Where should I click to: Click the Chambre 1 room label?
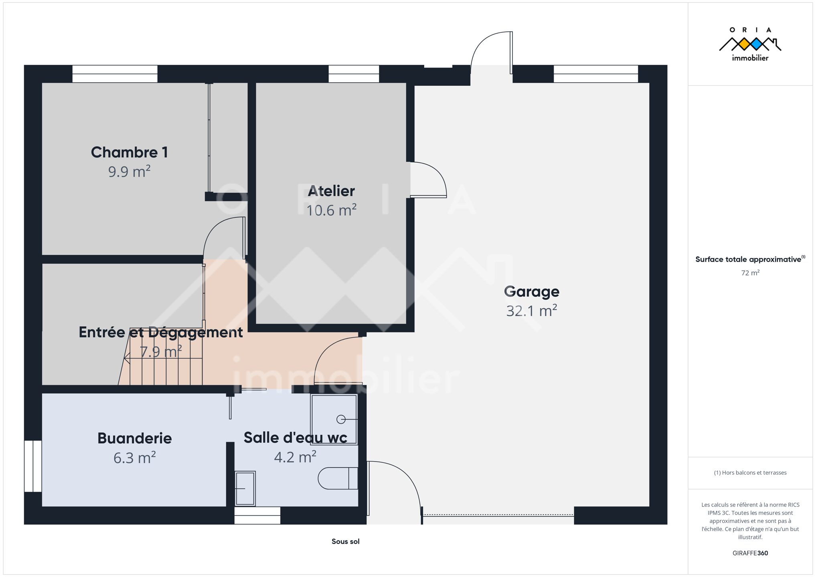[129, 152]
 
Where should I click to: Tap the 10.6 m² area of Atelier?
[331, 210]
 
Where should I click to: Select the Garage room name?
[531, 292]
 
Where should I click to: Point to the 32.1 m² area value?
[531, 311]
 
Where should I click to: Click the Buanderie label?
[134, 438]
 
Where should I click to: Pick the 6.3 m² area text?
[134, 458]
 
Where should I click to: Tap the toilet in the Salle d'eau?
[338, 478]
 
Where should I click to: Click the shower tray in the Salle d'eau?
[334, 420]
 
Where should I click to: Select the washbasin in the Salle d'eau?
[245, 488]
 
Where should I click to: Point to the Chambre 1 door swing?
[224, 238]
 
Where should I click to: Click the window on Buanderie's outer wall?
[33, 466]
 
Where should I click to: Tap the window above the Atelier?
[354, 74]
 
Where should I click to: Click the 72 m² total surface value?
[750, 273]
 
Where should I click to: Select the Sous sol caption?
[345, 541]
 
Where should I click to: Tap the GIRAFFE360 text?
[750, 553]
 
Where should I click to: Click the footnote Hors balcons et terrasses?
[750, 473]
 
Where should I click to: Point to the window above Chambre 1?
[115, 74]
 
